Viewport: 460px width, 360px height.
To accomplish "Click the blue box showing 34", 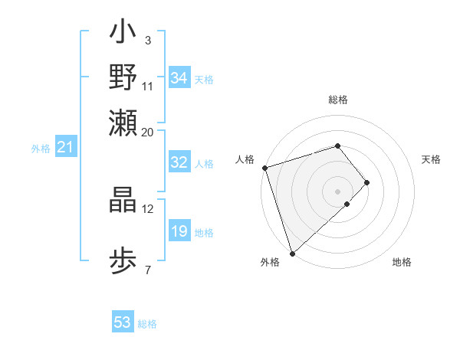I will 179,78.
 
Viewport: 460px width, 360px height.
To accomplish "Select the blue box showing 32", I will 179,162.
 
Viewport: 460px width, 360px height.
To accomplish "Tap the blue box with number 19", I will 179,231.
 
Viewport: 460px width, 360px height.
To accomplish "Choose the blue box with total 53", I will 123,322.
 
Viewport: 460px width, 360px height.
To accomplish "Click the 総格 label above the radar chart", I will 337,100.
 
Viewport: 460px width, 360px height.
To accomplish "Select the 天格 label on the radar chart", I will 431,159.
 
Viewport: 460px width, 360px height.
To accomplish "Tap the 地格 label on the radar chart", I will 402,263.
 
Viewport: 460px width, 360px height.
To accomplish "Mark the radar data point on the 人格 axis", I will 264,168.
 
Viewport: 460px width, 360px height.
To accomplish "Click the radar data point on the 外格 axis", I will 292,252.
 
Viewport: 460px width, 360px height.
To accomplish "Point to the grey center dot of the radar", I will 337,191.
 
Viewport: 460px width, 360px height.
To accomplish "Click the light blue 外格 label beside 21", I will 41,149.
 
